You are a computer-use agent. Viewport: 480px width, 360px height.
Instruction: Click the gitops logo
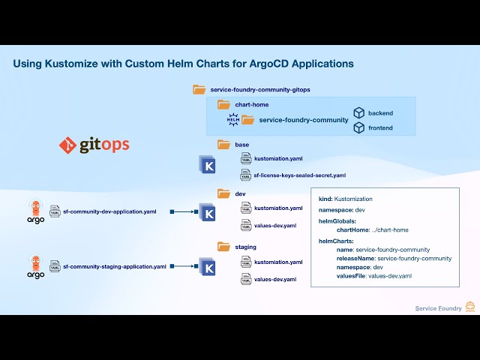coord(94,145)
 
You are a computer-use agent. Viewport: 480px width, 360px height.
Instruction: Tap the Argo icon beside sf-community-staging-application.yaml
coord(35,266)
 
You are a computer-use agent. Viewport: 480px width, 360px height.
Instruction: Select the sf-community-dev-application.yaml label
coord(109,212)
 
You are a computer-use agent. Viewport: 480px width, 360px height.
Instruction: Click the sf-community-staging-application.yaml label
coord(114,266)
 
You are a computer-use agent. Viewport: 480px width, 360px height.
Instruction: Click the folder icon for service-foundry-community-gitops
coord(199,89)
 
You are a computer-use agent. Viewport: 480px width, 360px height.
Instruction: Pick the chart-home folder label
coord(251,104)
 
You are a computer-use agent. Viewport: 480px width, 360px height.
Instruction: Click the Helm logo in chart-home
coord(232,119)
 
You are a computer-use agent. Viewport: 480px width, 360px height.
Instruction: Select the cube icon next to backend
coord(358,113)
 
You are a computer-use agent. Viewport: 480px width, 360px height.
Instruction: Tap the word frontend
coord(379,128)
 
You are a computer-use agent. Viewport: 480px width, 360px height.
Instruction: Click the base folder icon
coord(223,145)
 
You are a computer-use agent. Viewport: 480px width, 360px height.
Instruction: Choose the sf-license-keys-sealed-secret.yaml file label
coord(300,175)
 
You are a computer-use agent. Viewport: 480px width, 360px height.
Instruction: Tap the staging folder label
coord(245,247)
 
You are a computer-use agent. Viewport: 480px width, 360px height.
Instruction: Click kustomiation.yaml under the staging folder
coord(278,262)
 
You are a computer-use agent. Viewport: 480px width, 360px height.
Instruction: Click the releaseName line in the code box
coord(394,258)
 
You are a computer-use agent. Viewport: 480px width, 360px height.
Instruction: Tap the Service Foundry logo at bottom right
coord(470,307)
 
